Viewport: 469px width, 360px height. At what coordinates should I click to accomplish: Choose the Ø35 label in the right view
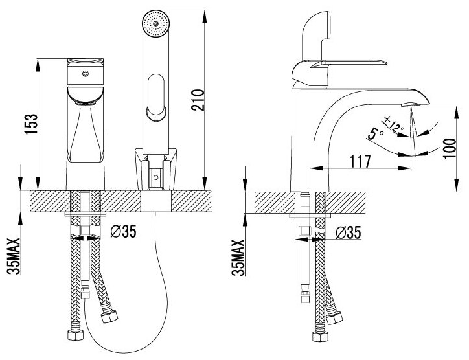pyautogui.click(x=350, y=231)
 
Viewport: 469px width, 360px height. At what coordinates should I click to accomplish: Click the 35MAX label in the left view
pyautogui.click(x=14, y=258)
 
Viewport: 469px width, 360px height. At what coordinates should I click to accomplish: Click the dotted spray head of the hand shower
pyautogui.click(x=155, y=22)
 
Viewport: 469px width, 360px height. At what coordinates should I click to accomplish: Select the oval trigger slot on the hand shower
pyautogui.click(x=155, y=97)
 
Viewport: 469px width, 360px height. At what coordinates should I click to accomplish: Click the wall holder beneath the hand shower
pyautogui.click(x=156, y=168)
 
